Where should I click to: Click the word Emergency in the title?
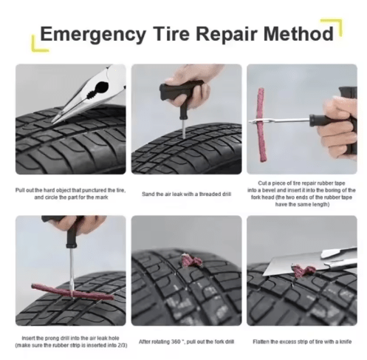pos(88,34)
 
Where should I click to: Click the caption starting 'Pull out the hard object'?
pos(70,194)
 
